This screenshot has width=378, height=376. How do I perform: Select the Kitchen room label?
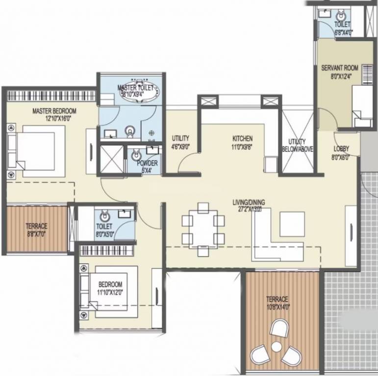pos(242,139)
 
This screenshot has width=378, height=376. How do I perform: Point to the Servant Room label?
pos(339,68)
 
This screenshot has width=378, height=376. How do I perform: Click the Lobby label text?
pos(341,149)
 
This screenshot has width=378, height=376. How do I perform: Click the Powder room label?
pos(147,163)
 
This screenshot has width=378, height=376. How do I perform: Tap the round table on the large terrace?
pos(277,347)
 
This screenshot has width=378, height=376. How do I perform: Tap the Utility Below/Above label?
pos(298,145)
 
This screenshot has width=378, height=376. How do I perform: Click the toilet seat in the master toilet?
pos(130,131)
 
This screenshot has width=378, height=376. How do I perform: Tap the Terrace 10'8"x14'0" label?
pos(277,299)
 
